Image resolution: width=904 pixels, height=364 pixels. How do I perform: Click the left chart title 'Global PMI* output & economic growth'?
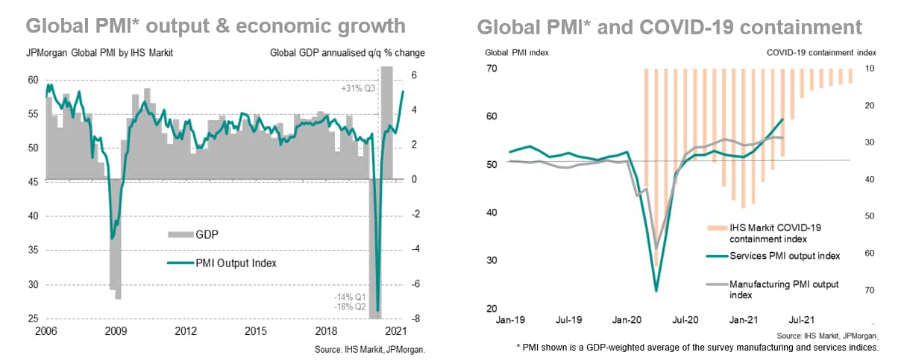click(x=216, y=26)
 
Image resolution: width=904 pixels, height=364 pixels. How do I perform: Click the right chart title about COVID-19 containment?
click(x=669, y=28)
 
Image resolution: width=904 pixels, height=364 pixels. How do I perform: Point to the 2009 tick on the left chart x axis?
click(x=116, y=330)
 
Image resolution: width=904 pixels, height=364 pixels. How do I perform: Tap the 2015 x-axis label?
click(x=256, y=330)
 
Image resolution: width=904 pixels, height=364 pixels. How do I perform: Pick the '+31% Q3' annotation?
click(x=357, y=88)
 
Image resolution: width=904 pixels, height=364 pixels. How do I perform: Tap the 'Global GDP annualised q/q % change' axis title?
click(x=347, y=54)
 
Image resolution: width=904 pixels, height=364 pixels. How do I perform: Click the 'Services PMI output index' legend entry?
click(x=784, y=256)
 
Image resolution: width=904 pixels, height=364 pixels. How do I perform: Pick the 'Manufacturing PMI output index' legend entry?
click(x=784, y=289)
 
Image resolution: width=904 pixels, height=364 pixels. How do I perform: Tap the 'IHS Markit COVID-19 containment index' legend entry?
click(x=779, y=233)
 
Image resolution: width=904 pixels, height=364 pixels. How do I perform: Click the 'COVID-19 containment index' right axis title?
click(x=821, y=53)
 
